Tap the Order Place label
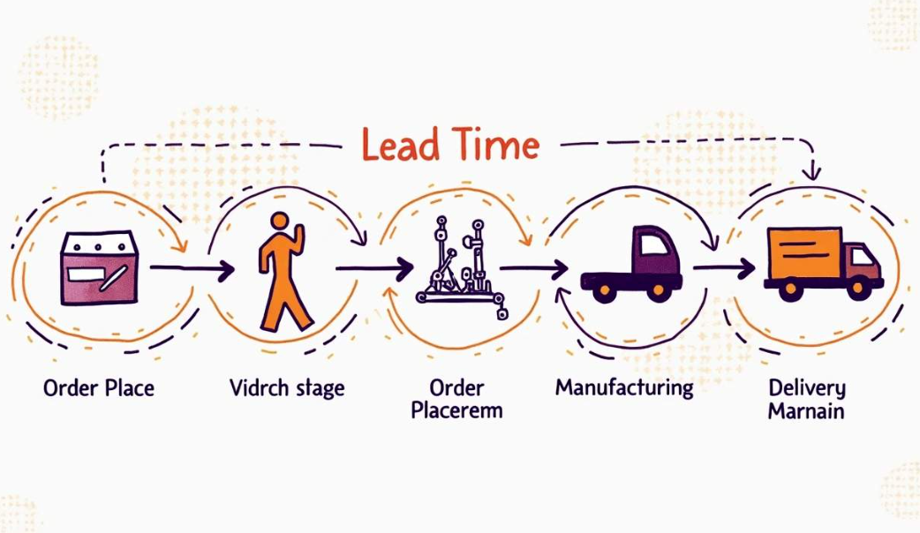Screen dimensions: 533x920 tap(98, 387)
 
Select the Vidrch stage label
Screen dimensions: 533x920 tap(286, 387)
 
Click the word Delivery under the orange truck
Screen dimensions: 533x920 tap(806, 387)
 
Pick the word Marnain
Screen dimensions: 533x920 tap(805, 410)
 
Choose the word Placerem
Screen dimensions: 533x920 tap(456, 410)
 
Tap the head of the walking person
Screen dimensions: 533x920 tap(280, 221)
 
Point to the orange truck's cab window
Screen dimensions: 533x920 tap(863, 258)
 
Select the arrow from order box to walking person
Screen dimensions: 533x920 tap(191, 267)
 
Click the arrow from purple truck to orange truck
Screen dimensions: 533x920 tap(723, 266)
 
